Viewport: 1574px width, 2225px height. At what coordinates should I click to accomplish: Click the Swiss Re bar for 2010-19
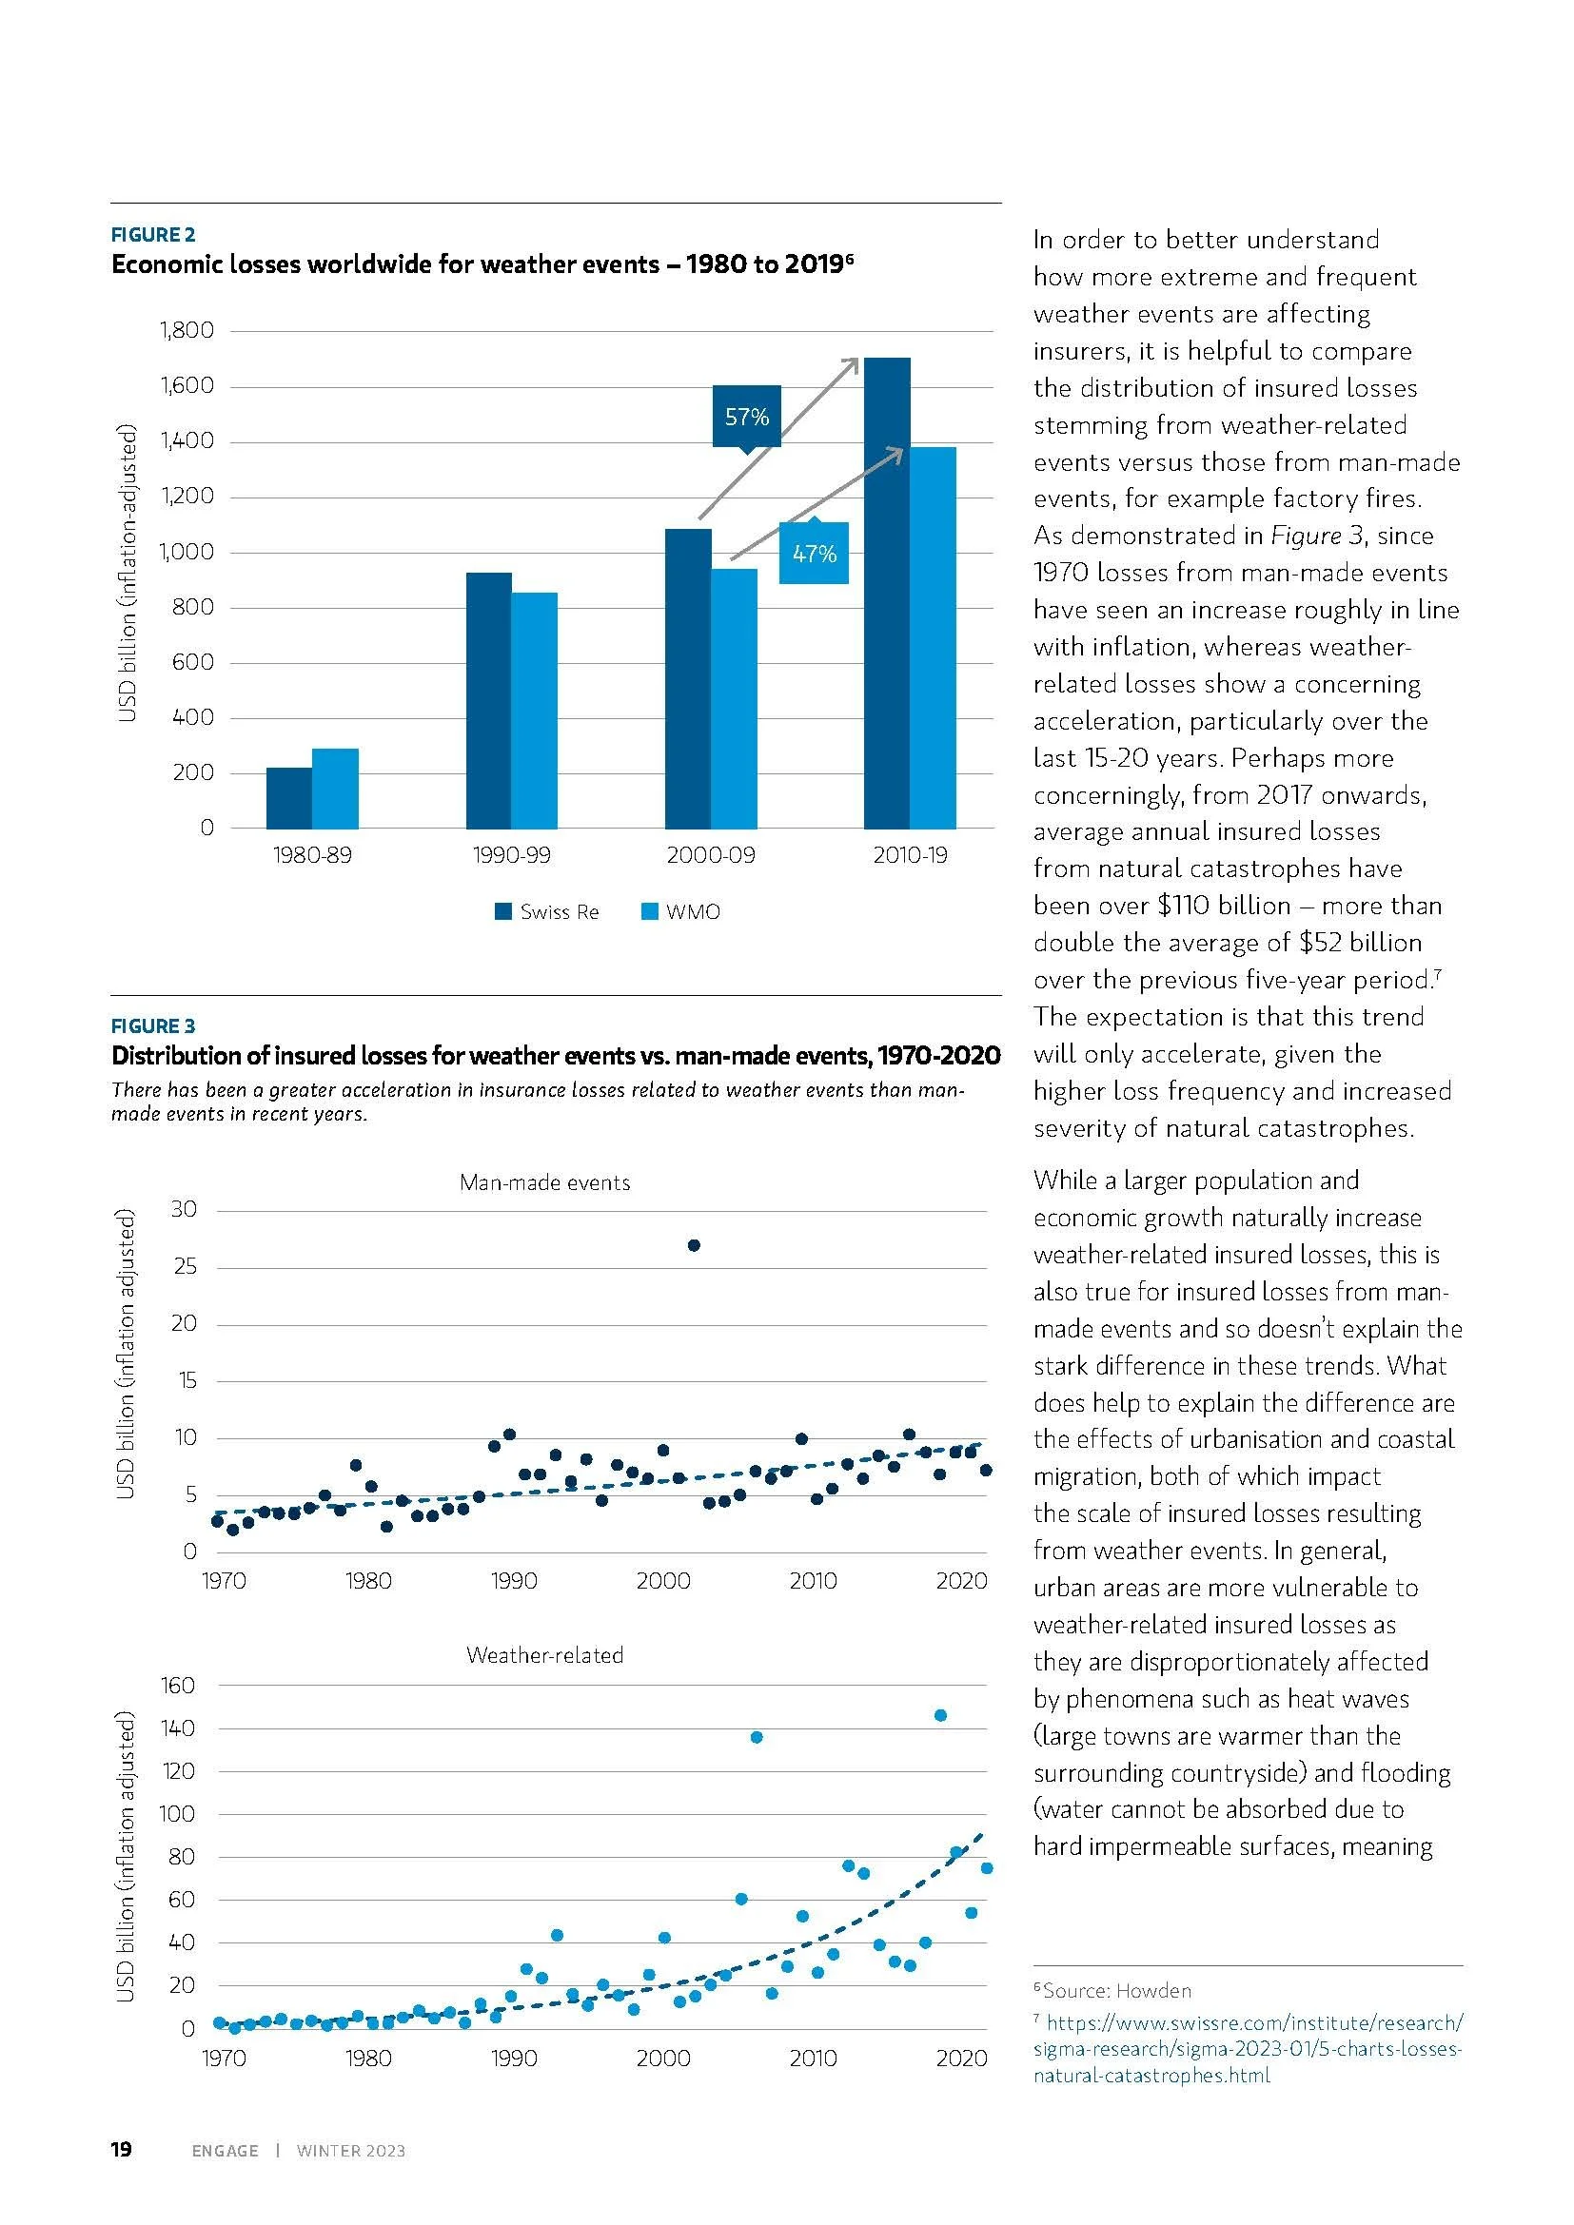(887, 593)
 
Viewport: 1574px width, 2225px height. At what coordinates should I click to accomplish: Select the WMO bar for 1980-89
(335, 788)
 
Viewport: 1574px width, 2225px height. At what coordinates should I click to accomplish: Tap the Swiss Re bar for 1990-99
(488, 700)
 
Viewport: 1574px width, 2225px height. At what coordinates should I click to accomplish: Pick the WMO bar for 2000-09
(734, 697)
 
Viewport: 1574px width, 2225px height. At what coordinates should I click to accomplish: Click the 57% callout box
(746, 417)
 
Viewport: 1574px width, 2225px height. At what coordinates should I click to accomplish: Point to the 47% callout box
(815, 554)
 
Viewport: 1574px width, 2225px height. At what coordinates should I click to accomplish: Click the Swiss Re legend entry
(547, 912)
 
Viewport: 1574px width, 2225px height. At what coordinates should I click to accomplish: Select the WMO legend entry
(681, 912)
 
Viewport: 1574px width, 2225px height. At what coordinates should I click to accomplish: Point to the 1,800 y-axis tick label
(187, 330)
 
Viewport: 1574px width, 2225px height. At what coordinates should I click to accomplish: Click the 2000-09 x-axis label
(711, 856)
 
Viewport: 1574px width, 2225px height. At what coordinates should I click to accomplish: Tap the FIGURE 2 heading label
(153, 235)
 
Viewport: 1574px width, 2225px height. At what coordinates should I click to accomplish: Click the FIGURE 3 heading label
(153, 1026)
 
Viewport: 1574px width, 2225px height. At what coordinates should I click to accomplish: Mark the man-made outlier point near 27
(694, 1245)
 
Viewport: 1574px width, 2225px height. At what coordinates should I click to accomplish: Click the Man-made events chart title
(544, 1182)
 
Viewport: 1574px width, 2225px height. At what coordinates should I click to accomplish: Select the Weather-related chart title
(544, 1654)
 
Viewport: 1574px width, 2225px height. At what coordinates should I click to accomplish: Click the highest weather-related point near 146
(939, 1716)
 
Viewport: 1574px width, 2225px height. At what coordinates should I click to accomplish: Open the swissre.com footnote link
(1249, 2050)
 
